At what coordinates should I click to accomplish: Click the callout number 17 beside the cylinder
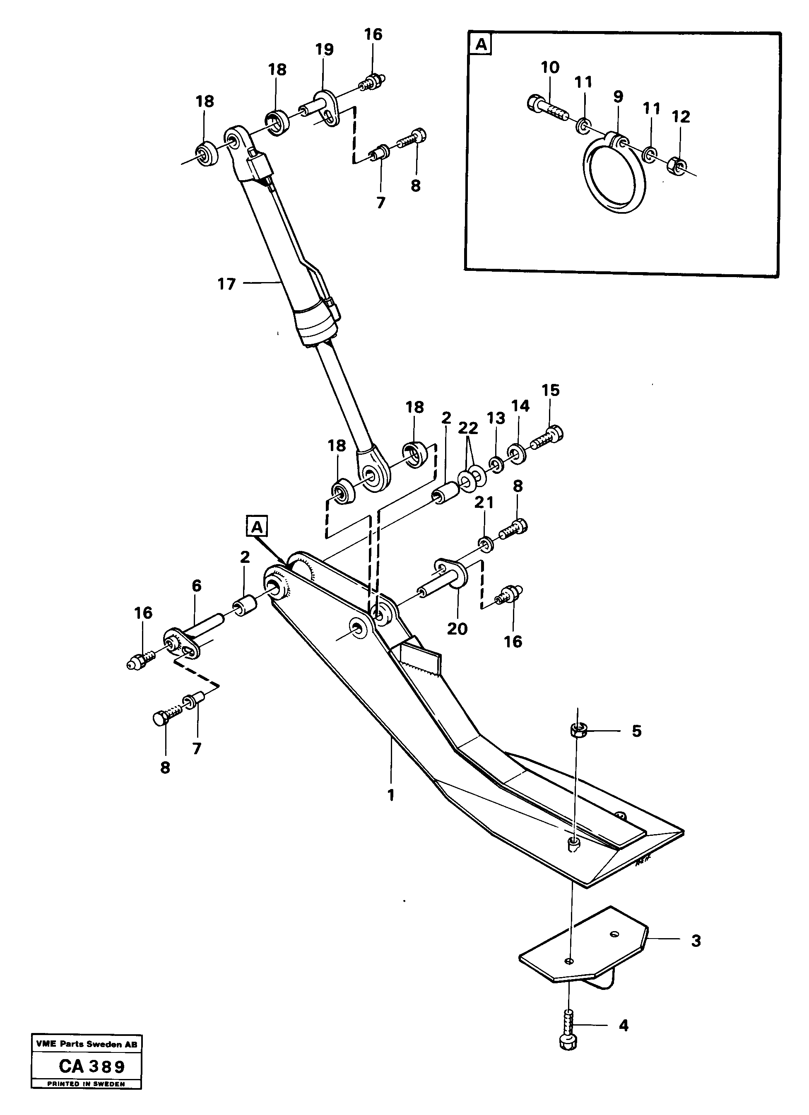point(226,284)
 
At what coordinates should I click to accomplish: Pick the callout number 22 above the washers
point(467,428)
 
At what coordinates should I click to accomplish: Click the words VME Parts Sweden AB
point(87,1045)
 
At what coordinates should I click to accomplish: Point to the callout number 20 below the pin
point(457,629)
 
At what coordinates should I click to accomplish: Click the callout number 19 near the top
point(324,50)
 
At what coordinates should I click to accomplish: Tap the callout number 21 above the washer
point(484,502)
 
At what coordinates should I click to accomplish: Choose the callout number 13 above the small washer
point(496,418)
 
